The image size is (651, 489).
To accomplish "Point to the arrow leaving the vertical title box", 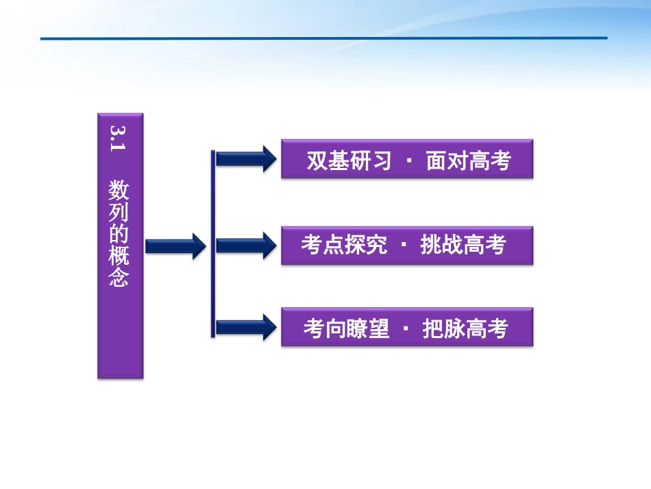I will click(175, 246).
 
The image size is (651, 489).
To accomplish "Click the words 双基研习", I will click(349, 160).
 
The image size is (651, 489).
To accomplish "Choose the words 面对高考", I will click(469, 160).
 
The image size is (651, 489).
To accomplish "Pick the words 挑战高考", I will click(463, 245).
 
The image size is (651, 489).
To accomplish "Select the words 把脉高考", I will click(465, 329).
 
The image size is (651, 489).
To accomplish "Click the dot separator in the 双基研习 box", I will click(409, 162).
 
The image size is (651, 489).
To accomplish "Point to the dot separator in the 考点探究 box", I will click(404, 246).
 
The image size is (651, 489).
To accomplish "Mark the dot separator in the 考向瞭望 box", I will click(406, 329).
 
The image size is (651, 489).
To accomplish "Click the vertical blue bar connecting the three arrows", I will click(213, 243).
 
